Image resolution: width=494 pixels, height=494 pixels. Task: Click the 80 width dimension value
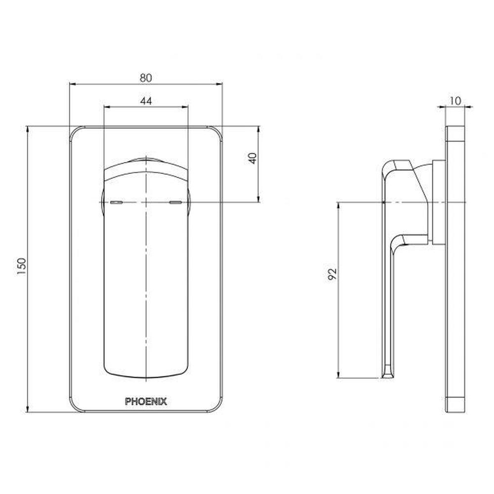[146, 78]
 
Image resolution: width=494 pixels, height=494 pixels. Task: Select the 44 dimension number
[146, 100]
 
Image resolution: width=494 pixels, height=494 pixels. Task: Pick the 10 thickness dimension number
[455, 101]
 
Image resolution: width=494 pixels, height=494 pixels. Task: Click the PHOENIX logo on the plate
[146, 401]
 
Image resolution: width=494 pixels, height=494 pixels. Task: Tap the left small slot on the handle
[116, 203]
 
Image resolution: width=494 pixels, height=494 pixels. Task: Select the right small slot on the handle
[175, 203]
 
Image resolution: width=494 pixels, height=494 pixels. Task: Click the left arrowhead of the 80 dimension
[72, 84]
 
